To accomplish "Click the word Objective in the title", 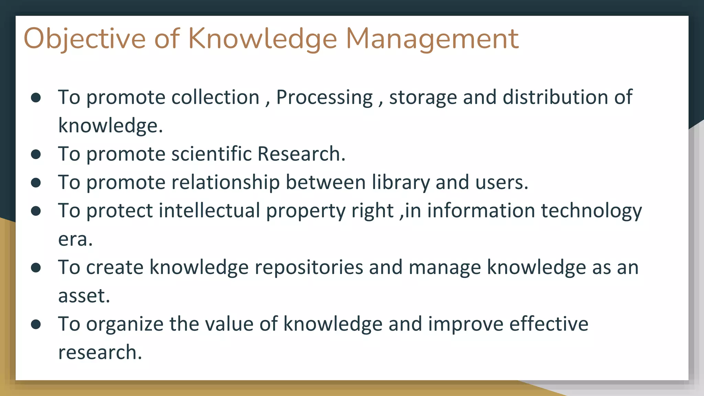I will point(85,38).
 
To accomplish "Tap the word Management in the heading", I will point(432,38).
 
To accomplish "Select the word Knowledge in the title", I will point(263,38).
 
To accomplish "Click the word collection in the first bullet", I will point(215,97).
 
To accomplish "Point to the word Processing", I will point(324,97).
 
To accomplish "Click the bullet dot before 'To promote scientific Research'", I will point(36,154).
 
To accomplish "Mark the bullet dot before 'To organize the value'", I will point(36,324).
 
